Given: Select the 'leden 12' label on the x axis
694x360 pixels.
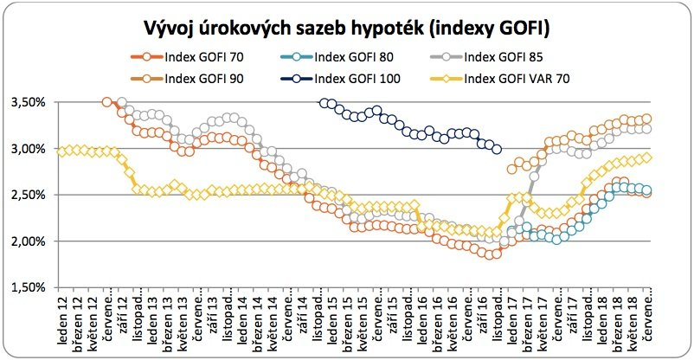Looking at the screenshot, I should pos(62,325).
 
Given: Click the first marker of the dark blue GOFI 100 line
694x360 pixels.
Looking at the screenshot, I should pos(325,103).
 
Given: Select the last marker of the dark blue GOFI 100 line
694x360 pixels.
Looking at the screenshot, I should pos(496,149).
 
